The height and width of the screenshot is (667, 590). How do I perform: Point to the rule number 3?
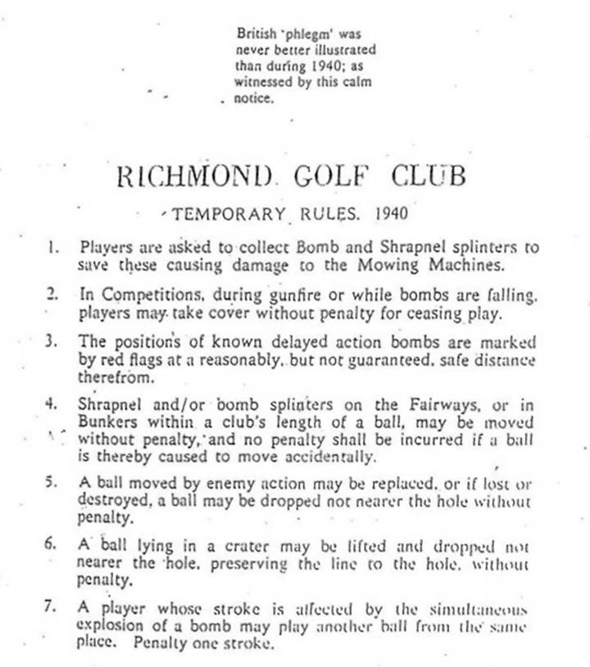click(x=52, y=342)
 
